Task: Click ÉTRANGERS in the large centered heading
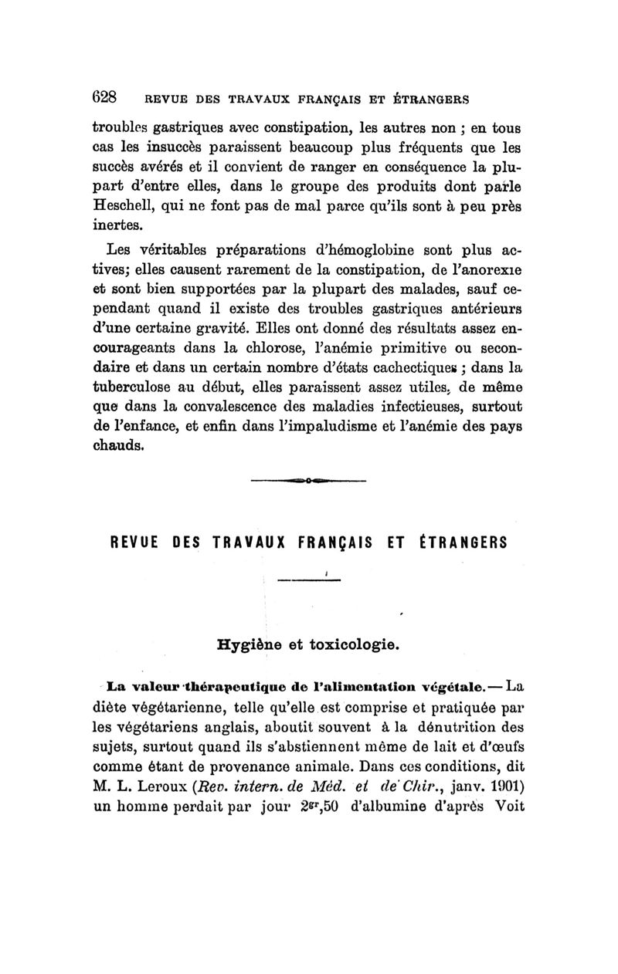(x=461, y=542)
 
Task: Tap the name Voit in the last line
(x=509, y=807)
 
